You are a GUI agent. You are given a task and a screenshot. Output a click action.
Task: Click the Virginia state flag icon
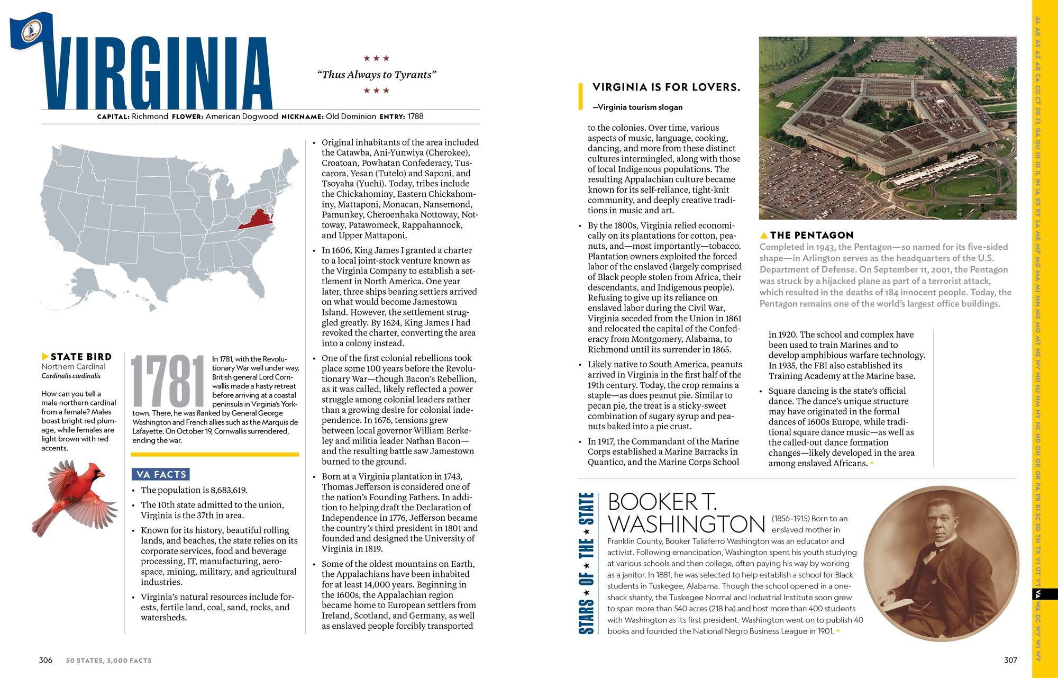31,31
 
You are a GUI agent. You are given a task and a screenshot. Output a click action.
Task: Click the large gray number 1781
168,381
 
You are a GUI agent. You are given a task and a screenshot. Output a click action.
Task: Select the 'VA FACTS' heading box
161,474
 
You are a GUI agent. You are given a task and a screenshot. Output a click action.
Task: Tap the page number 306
45,660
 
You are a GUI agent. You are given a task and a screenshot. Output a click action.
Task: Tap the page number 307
1010,660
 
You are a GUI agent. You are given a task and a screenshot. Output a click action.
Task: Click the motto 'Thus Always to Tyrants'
377,75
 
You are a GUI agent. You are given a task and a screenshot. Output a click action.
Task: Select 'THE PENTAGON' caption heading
811,235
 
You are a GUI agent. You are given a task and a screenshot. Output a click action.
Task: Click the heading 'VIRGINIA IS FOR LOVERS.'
666,87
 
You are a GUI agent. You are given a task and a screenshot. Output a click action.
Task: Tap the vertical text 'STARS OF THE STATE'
586,563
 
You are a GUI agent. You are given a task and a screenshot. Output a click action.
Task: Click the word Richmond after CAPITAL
150,116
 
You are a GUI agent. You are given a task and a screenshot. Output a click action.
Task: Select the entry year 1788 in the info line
415,116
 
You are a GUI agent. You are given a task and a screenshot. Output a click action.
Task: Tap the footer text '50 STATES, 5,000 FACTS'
108,661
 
